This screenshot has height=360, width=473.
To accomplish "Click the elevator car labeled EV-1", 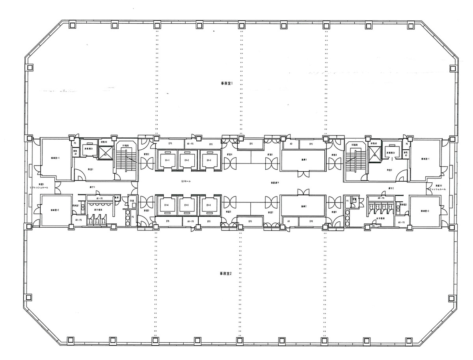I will (x=167, y=160).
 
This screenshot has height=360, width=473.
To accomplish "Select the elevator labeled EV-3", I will (x=209, y=160).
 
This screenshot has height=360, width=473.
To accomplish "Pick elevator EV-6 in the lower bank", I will (x=209, y=205).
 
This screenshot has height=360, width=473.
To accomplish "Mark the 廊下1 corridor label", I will (x=92, y=187).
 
